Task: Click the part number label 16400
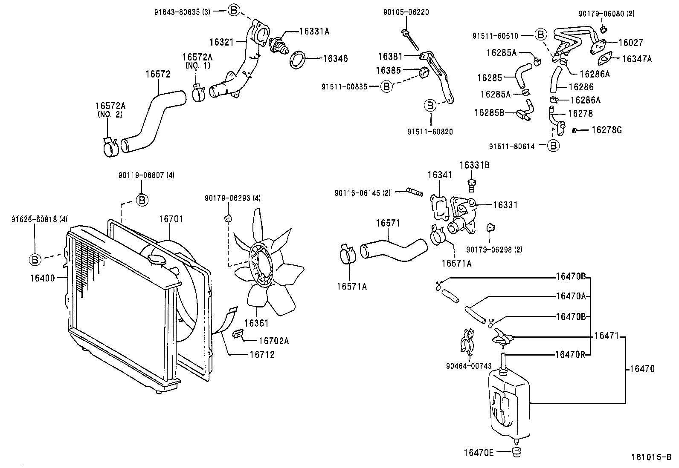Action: click(x=42, y=278)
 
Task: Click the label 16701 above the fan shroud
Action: click(x=171, y=219)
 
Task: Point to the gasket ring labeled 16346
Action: click(x=299, y=59)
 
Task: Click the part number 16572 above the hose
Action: click(x=157, y=74)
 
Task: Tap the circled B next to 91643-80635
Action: click(x=234, y=11)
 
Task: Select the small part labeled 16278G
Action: click(x=575, y=129)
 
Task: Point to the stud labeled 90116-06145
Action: click(x=414, y=192)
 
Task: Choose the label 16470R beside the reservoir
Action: click(x=570, y=354)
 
